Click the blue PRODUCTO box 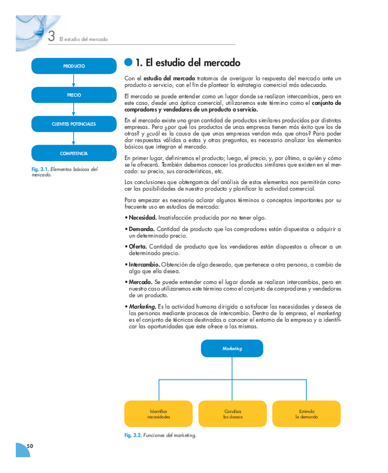74,66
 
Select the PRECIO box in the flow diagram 74,95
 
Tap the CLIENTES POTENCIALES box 74,124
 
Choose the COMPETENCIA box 74,153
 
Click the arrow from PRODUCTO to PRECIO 74,81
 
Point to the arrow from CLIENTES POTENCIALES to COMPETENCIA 74,139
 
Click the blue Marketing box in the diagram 232,348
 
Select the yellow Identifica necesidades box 159,414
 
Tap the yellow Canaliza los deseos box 232,414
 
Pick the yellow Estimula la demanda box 306,414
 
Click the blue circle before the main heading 128,62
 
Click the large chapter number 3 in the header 51,37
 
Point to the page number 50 30,446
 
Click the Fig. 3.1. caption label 40,169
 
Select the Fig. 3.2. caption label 133,435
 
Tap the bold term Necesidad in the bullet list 142,218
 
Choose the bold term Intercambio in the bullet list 144,264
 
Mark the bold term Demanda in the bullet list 141,229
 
